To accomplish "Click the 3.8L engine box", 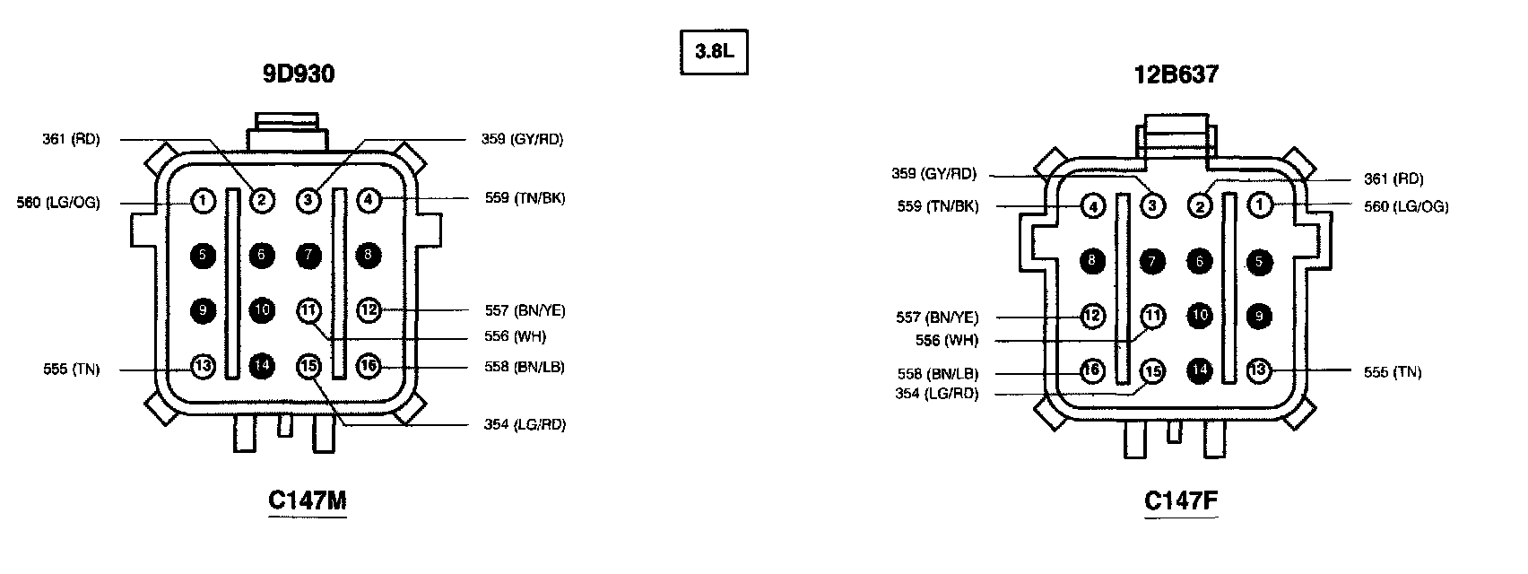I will click(x=714, y=53).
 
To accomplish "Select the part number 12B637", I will click(x=1176, y=75).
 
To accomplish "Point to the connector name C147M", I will click(x=307, y=500).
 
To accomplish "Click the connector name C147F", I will click(x=1181, y=500).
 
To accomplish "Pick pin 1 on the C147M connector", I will click(x=204, y=201).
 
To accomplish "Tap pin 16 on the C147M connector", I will click(x=369, y=366).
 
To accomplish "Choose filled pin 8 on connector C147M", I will click(x=369, y=256).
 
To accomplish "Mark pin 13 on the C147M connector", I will click(x=204, y=366).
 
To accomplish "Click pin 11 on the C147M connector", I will click(x=308, y=311).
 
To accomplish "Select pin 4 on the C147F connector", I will click(x=1092, y=206).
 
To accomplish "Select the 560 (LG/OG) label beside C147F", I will click(x=1406, y=206).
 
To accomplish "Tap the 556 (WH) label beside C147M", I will click(x=515, y=337).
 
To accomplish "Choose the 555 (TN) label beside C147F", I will click(x=1392, y=372).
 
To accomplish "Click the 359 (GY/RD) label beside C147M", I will click(x=522, y=139).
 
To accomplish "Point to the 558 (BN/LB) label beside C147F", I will click(x=937, y=374).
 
